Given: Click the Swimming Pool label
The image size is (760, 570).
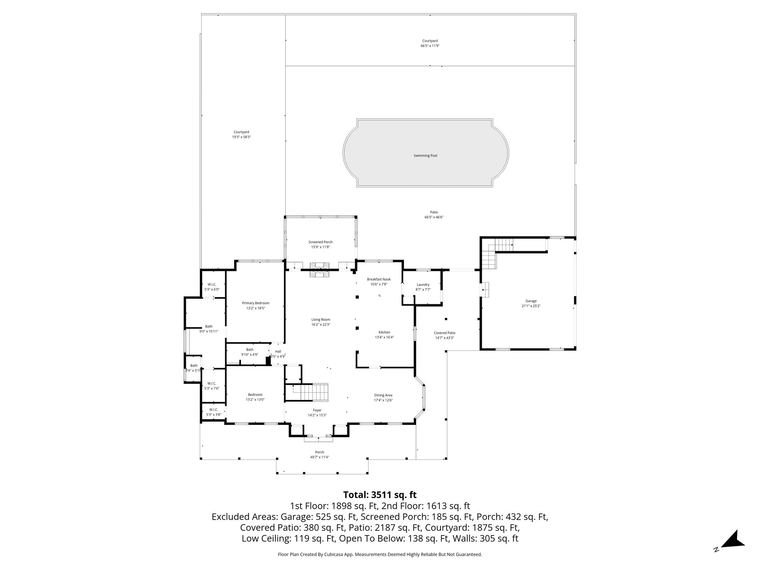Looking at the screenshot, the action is (425, 156).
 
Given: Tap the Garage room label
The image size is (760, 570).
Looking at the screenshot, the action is (531, 301).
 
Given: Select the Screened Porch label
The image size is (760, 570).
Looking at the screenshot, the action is (321, 242).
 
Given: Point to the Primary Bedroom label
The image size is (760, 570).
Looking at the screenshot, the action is (256, 303).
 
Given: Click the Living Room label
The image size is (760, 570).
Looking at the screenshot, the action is (321, 320).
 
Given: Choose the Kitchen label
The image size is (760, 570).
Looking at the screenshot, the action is (384, 332).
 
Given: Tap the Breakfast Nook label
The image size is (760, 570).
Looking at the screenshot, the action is (379, 279).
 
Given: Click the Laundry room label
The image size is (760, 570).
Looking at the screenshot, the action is (423, 285).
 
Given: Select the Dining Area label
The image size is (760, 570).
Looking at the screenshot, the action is (383, 395).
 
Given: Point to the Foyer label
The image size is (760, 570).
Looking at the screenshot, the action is (317, 410).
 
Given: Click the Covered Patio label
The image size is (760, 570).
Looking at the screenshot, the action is (445, 333).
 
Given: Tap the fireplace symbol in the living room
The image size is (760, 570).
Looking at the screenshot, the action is (320, 270).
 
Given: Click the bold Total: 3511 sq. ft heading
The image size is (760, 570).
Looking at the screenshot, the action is (380, 495).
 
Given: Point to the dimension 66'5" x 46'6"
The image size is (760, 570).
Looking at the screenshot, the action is (434, 217).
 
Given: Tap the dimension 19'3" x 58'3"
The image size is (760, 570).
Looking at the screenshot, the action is (242, 137).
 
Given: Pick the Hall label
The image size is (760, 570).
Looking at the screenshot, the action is (278, 351).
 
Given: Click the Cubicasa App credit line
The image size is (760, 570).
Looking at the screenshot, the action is (380, 554).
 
